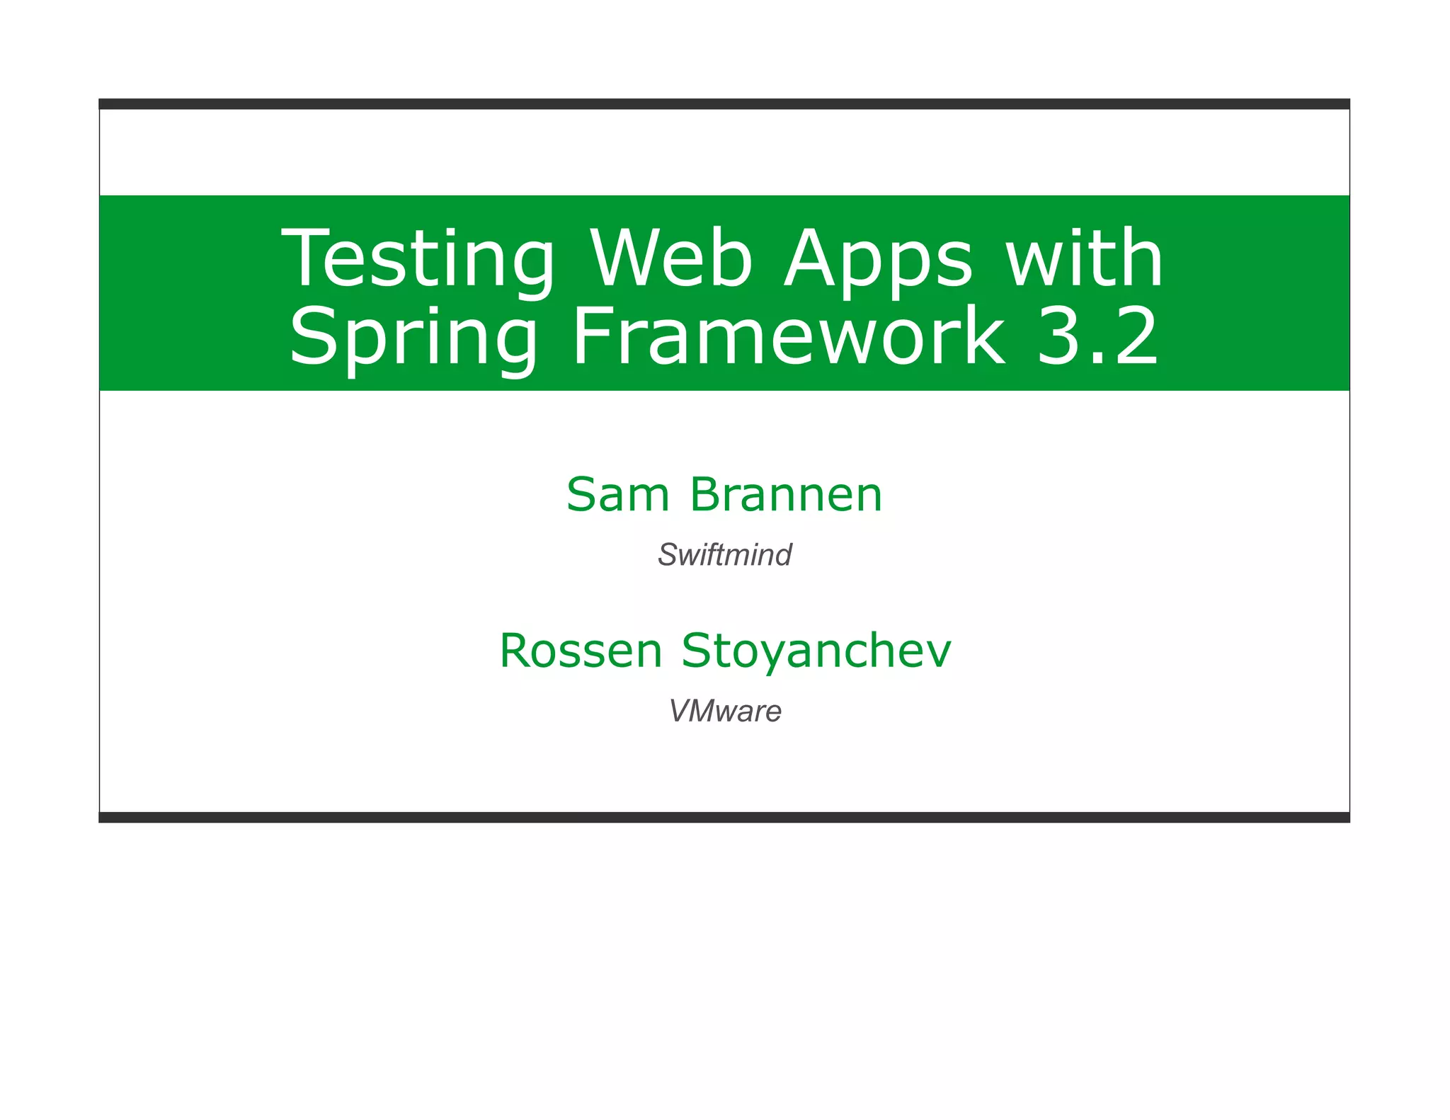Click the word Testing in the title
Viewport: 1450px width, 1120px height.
pyautogui.click(x=418, y=259)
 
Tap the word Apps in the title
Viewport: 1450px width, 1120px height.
pyautogui.click(x=878, y=259)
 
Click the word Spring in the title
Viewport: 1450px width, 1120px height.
pyautogui.click(x=414, y=337)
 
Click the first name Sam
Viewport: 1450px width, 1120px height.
pyautogui.click(x=617, y=494)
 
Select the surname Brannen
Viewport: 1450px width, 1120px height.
pyautogui.click(x=786, y=494)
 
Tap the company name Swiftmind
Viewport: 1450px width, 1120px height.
pyautogui.click(x=724, y=554)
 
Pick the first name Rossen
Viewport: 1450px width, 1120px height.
pyautogui.click(x=581, y=650)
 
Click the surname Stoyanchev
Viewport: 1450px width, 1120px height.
pyautogui.click(x=816, y=651)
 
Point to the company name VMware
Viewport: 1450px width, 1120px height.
pyautogui.click(x=725, y=711)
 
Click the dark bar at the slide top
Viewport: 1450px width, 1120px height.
pyautogui.click(x=724, y=104)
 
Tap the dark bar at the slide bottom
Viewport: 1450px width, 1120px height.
pyautogui.click(x=724, y=817)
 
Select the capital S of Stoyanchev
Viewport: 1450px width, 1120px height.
pyautogui.click(x=700, y=650)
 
